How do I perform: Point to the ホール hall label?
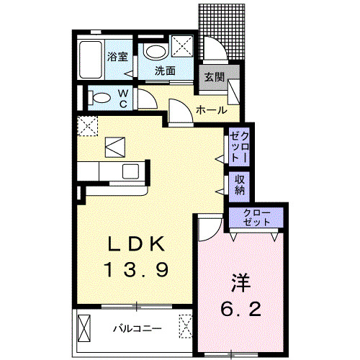211,110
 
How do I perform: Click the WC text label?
123,98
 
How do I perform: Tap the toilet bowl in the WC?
100,97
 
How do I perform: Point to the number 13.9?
138,270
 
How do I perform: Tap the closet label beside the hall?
240,145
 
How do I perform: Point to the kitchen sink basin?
131,171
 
